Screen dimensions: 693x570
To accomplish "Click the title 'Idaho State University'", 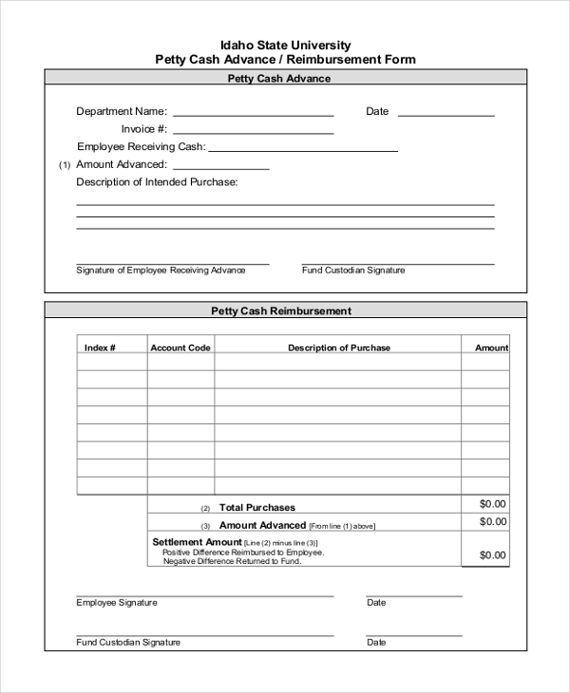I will click(x=285, y=45).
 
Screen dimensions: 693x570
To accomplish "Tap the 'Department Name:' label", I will click(x=122, y=111).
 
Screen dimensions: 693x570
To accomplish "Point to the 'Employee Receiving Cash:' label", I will click(x=141, y=147).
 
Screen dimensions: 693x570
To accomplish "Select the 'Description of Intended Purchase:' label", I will click(x=157, y=181).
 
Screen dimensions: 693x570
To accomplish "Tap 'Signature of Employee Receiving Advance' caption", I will click(x=161, y=271).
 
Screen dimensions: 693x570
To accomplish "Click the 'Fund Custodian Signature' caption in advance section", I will click(x=352, y=271).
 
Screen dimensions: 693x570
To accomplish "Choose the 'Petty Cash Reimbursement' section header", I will click(x=281, y=310).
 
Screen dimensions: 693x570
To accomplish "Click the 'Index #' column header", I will click(x=100, y=347).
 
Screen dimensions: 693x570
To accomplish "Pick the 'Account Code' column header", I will click(x=180, y=347).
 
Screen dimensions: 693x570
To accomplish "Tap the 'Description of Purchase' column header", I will click(x=339, y=347).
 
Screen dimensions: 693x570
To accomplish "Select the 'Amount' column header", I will click(x=491, y=347).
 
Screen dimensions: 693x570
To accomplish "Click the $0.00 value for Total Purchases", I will click(x=493, y=504).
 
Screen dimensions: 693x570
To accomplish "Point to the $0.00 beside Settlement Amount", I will click(x=493, y=555).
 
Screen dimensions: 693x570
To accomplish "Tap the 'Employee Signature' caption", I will click(x=117, y=603).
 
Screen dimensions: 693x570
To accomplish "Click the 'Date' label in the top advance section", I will click(x=377, y=111).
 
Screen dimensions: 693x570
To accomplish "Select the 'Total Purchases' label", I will click(x=257, y=508).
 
